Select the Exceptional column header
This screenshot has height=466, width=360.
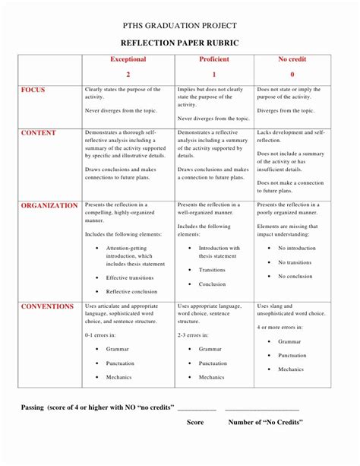click(128, 59)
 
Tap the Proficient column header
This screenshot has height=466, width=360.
click(214, 59)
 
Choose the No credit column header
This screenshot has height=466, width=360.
click(292, 59)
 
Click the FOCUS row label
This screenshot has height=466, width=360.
click(33, 90)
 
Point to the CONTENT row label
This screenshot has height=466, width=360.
click(38, 132)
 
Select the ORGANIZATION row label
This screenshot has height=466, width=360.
click(49, 205)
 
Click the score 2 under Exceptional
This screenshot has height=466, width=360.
click(128, 74)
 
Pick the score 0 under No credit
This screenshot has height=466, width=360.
click(292, 74)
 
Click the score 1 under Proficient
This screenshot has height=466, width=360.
click(214, 74)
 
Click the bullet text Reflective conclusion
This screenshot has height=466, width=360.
click(131, 291)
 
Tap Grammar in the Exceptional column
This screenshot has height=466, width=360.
click(117, 348)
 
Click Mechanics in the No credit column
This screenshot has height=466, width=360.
click(290, 369)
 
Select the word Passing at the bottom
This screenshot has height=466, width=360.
click(36, 407)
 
